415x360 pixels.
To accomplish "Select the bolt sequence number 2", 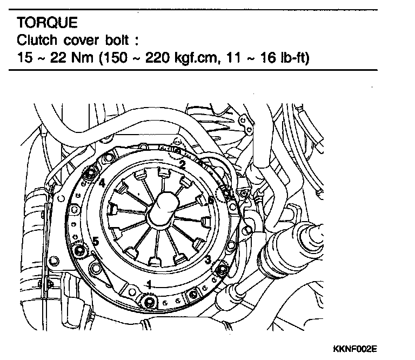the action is pyautogui.click(x=183, y=164).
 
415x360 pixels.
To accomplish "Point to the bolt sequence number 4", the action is pyautogui.click(x=102, y=183).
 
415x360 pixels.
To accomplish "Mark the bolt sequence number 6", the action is pyautogui.click(x=211, y=199).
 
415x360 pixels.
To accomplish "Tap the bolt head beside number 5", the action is pyautogui.click(x=81, y=250).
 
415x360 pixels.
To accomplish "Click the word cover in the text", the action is pyautogui.click(x=73, y=40).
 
